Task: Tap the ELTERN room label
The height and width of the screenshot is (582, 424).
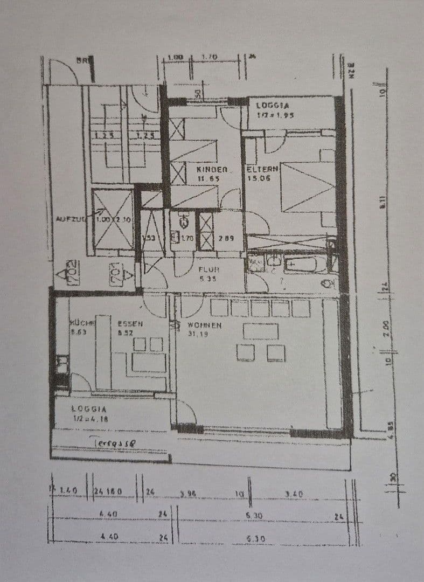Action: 262,169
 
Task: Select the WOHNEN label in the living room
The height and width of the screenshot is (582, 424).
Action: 205,325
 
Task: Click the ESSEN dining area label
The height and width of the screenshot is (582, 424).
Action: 130,324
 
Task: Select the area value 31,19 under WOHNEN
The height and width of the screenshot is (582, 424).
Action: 198,334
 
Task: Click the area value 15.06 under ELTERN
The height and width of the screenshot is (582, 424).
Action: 258,178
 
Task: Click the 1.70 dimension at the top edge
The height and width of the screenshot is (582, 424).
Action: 210,57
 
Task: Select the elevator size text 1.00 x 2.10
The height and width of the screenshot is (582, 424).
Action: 114,219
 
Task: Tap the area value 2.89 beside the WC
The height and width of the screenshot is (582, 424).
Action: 226,237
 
